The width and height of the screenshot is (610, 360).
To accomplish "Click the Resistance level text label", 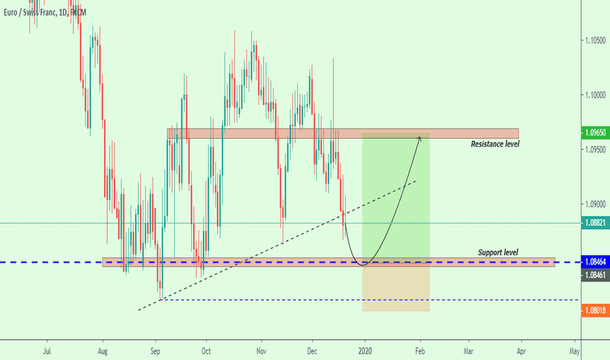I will (495, 143).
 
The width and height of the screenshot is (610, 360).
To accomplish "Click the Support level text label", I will (498, 252).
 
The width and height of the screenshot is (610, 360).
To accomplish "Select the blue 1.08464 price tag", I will (596, 262).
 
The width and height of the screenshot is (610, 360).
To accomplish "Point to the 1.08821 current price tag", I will (596, 223).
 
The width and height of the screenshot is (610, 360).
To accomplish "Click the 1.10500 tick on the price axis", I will (596, 41).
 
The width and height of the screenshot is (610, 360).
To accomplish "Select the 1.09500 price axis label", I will (596, 150).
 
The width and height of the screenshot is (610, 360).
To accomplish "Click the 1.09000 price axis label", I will (596, 204).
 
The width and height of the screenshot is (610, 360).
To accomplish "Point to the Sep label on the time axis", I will (155, 351).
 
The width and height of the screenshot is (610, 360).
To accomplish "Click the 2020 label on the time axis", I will (366, 351).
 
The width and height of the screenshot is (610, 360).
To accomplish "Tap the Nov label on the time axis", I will (261, 351).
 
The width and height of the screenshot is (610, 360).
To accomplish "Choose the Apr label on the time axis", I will (522, 351).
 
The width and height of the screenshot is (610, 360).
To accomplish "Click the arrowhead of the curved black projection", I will (419, 136).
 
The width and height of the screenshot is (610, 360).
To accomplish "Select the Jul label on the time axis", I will (46, 351).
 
